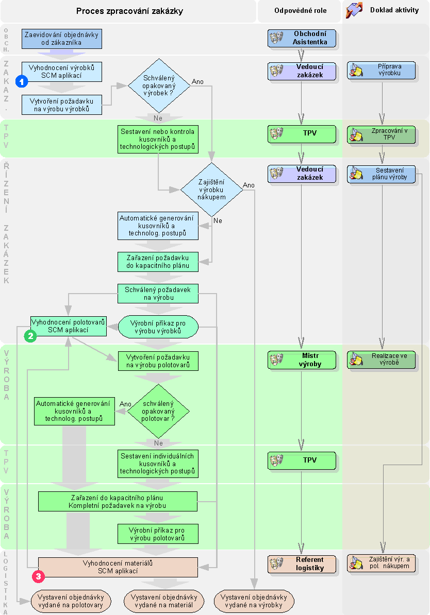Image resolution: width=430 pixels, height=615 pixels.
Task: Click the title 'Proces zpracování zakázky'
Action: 129,11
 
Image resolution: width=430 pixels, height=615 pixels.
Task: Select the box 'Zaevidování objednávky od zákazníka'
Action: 62,39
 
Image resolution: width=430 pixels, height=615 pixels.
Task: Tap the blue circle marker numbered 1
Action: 22,81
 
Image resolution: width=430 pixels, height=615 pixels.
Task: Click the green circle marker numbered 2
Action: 30,336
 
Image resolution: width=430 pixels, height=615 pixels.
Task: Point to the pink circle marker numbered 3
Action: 38,576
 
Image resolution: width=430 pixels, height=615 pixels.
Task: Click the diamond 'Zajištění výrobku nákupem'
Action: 211,189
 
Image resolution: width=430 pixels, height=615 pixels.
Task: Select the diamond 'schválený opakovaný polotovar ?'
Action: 158,411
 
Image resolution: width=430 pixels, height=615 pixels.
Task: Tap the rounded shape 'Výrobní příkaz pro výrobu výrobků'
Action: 158,327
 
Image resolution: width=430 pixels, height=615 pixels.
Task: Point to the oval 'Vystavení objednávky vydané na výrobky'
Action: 255,601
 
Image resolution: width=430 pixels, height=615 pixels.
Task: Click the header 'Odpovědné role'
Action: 299,11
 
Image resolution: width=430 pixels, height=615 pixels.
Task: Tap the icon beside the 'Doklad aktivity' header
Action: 354,10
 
